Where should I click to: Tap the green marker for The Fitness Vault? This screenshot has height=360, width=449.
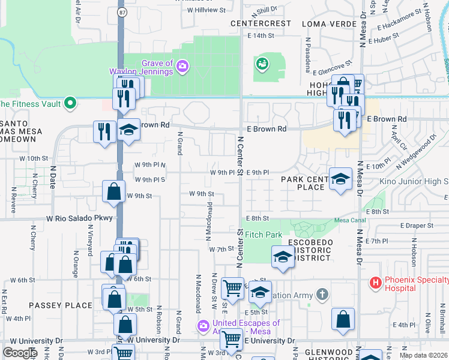coord(70,103)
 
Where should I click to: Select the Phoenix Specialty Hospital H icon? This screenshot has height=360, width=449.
coord(376,282)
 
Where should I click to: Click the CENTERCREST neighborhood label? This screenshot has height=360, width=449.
coord(261,23)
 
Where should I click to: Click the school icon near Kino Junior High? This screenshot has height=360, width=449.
coord(340,178)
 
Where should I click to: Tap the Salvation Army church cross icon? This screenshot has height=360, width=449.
coord(322,294)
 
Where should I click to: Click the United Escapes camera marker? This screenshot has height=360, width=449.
coord(203,326)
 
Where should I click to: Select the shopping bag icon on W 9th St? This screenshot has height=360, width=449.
coord(113,191)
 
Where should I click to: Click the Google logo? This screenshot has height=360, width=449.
coord(19,352)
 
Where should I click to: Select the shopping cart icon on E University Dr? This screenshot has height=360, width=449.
coord(231,340)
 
